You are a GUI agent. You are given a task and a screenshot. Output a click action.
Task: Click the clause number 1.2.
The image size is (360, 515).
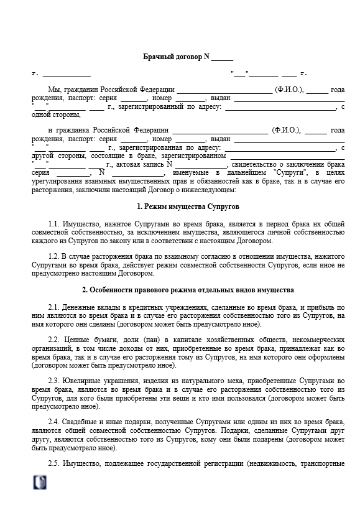tap(53, 256)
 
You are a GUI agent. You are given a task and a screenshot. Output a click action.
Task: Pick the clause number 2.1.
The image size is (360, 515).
tap(53, 307)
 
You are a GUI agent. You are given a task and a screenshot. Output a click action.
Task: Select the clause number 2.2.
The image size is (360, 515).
tap(53, 340)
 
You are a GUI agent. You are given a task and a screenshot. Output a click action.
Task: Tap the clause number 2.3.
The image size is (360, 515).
tap(53, 380)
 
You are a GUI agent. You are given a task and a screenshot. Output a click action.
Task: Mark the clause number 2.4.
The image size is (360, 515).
tap(53, 421)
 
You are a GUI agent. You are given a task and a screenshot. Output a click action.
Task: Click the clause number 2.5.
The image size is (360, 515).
tap(53, 464)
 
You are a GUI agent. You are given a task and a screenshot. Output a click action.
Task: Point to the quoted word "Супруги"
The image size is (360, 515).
tap(291, 172)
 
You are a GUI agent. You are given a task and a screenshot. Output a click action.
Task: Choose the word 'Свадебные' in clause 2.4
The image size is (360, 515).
tap(82, 421)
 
